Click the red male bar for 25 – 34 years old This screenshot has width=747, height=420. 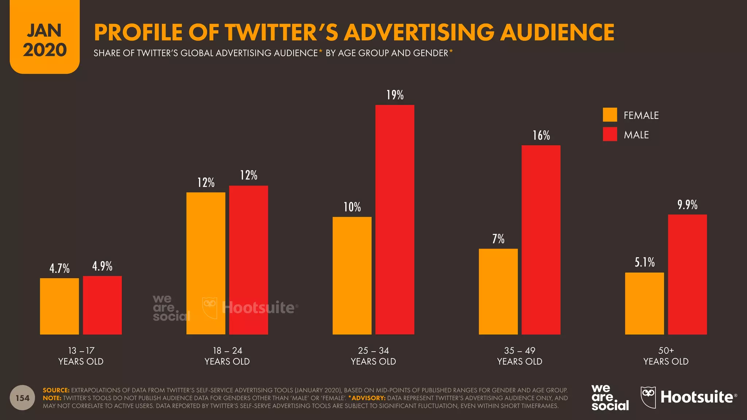coord(395,219)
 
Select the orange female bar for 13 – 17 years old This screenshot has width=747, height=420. coord(59,306)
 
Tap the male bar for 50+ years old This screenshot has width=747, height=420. coord(687,274)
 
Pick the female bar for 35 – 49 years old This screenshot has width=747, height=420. coord(498,291)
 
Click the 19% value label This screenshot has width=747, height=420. coord(395,95)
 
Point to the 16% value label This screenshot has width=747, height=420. coord(541,136)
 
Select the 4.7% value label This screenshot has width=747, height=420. coord(59,269)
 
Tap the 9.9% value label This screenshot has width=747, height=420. coord(687,205)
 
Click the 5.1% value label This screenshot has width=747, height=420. coord(645,262)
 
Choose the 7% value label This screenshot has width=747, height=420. coord(498,239)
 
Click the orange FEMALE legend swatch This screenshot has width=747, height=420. coord(609,115)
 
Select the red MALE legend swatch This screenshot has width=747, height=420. coord(609,134)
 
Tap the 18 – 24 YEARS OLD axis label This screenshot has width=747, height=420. coord(227,356)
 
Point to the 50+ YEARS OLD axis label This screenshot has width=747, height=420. coord(666,356)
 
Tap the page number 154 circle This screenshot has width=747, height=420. coord(22,398)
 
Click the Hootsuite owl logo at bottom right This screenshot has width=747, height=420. coord(648,397)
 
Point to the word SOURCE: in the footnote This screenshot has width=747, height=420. coord(56,390)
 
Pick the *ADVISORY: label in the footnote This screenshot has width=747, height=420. coord(367,398)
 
